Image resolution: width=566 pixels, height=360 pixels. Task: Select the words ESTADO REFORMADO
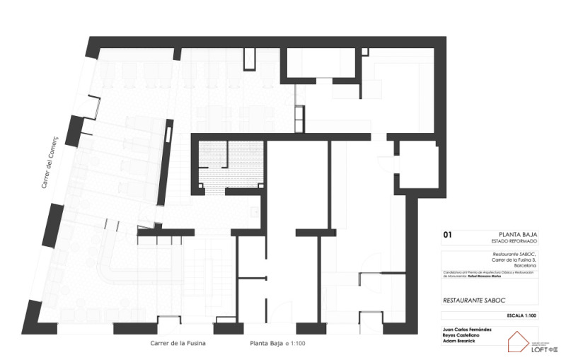pos(514,240)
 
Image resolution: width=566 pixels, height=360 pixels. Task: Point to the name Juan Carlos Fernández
pos(468,330)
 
